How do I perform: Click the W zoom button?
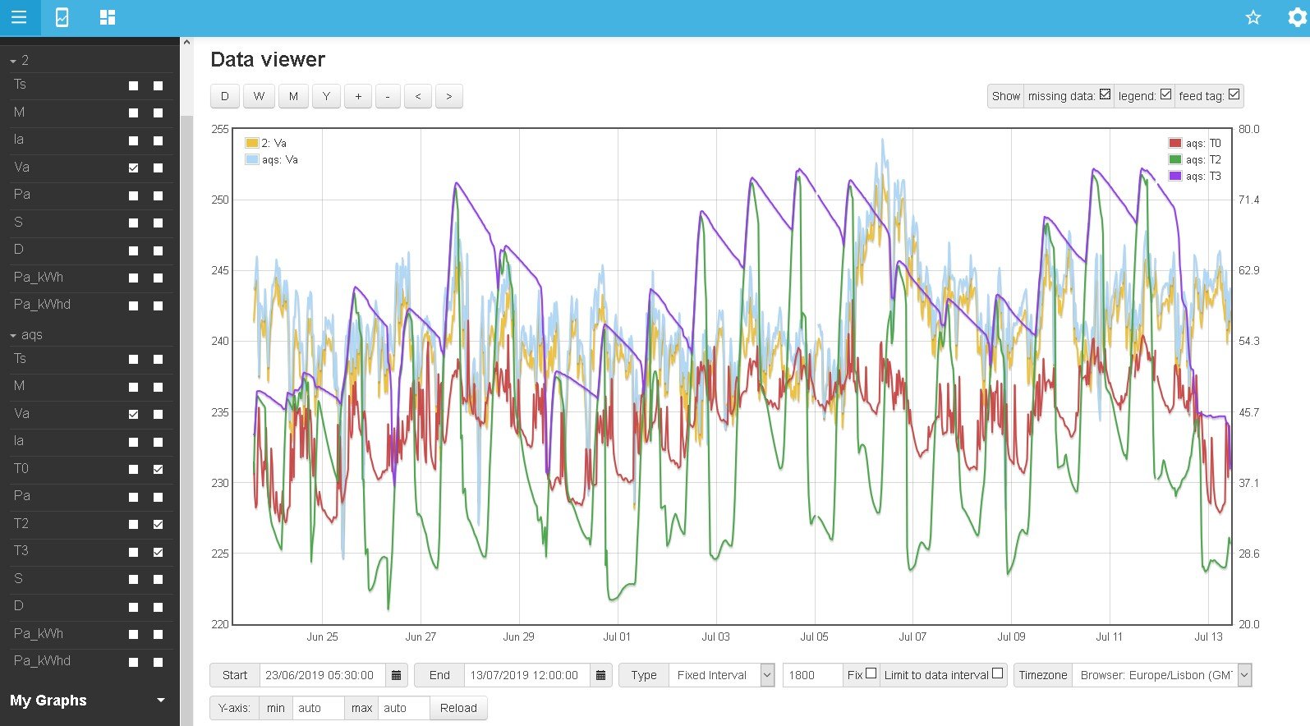pos(259,96)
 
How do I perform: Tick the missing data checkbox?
pos(1105,94)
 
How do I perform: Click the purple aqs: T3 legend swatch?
pos(1175,176)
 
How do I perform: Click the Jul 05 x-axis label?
pos(814,636)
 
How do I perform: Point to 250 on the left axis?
pos(220,200)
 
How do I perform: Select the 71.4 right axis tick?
pos(1248,200)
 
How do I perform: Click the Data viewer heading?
pos(268,59)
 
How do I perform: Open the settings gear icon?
pos(1297,17)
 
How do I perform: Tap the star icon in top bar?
pos(1253,17)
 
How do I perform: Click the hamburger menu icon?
pos(19,17)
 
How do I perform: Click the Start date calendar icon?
pos(396,675)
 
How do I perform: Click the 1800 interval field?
pos(811,675)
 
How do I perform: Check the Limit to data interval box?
pos(997,673)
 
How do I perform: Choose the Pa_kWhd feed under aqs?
pos(42,661)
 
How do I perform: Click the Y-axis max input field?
pos(402,708)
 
